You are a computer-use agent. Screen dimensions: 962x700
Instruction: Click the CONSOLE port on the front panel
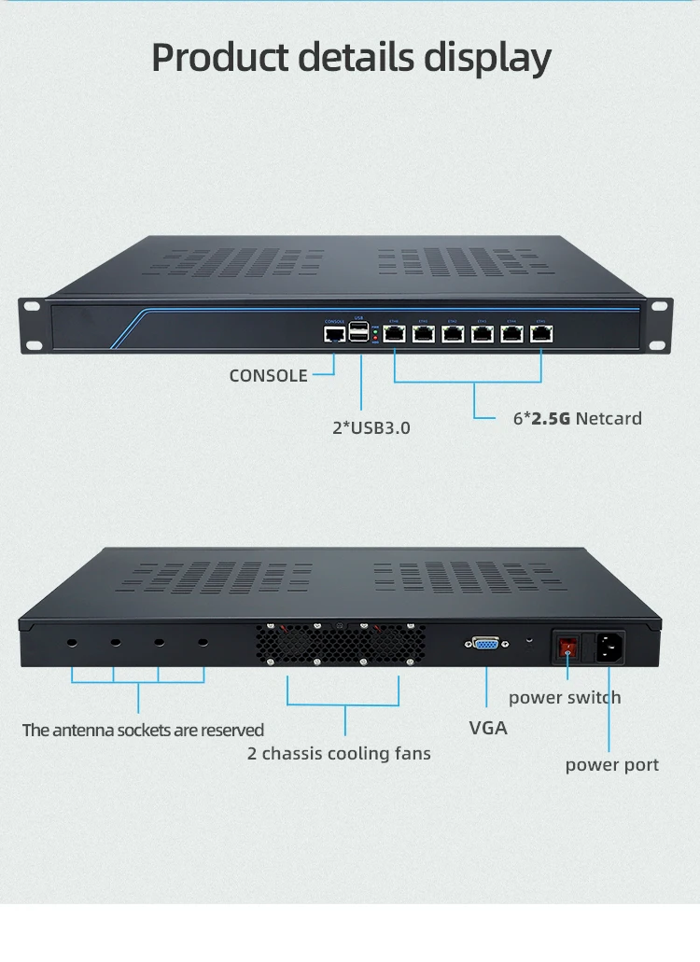pos(334,334)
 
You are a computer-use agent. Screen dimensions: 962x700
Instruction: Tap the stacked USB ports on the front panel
pos(360,332)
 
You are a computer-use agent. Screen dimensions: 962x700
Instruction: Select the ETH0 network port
pos(394,333)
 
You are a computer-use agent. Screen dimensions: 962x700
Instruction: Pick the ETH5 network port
pos(541,333)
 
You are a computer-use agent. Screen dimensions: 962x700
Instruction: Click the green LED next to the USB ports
pos(375,329)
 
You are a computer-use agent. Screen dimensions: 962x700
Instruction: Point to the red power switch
pos(567,644)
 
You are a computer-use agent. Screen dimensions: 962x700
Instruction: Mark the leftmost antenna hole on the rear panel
pos(72,643)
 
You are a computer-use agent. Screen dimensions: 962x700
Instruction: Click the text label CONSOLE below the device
pos(268,376)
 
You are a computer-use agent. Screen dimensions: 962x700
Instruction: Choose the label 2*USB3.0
pos(371,428)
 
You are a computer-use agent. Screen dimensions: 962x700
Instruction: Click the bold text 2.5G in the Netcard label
pos(551,419)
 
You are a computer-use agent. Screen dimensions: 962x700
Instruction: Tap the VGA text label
pos(488,728)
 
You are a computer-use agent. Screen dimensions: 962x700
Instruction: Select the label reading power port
pos(611,765)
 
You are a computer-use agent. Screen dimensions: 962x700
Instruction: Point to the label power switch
pos(565,698)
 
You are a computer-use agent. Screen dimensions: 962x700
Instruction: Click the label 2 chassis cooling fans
pos(339,753)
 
